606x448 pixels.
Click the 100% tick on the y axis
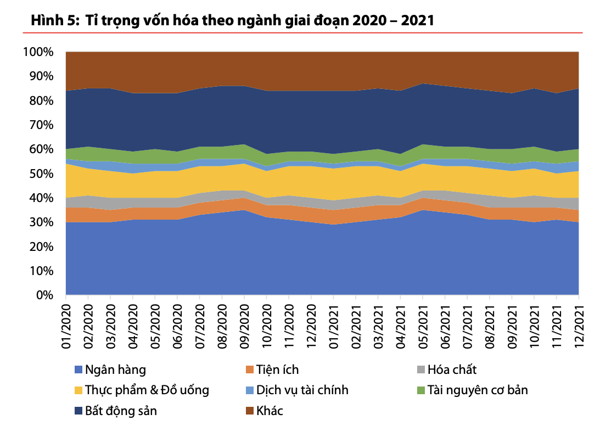[x=38, y=52]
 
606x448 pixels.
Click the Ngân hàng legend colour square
[x=77, y=370]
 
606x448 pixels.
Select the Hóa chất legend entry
[x=452, y=369]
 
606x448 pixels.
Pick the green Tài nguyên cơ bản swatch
[x=421, y=390]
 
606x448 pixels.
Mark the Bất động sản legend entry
[x=121, y=411]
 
